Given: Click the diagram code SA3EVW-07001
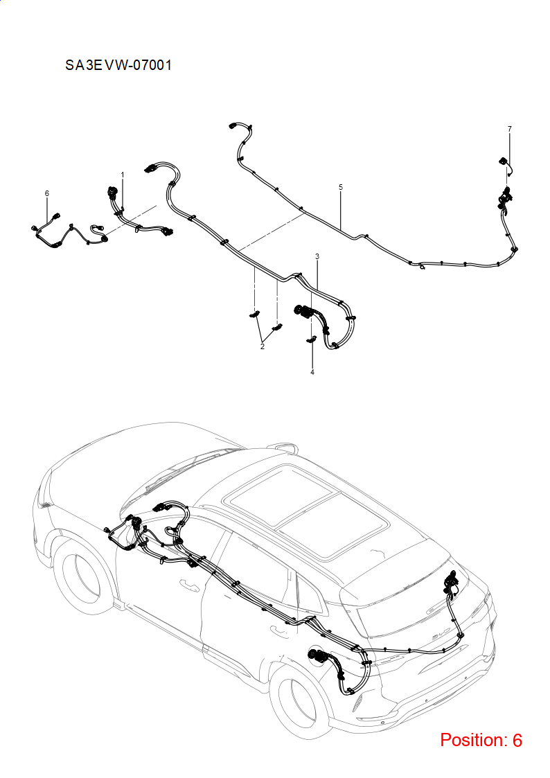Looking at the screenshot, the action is coord(118,65).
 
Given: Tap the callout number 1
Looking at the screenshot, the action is coord(123,175).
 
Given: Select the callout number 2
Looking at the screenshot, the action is coord(263,346).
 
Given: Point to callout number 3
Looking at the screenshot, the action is coord(317,256).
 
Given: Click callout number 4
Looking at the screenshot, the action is coord(312,372).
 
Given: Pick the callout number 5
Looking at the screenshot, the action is coord(341,187).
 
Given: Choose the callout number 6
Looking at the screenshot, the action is coord(47,193).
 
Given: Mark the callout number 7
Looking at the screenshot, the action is coord(509,129).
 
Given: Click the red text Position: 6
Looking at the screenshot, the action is coord(481,740).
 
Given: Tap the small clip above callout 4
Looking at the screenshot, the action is coord(312,339).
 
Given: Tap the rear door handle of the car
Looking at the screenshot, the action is coord(279,630).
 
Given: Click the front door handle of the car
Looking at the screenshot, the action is coord(189,585).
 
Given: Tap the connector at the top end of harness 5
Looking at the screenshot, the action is coord(235,126).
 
